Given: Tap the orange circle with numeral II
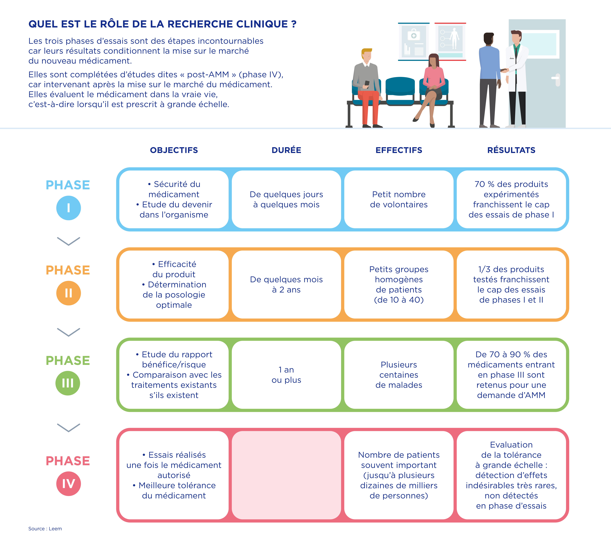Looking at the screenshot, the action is pyautogui.click(x=68, y=293).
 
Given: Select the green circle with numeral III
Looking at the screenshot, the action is pyautogui.click(x=68, y=383).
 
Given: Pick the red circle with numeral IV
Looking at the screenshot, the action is pyautogui.click(x=68, y=484).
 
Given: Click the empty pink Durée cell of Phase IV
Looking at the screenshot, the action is pyautogui.click(x=286, y=475).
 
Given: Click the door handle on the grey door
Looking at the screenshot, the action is pyautogui.click(x=556, y=79).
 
